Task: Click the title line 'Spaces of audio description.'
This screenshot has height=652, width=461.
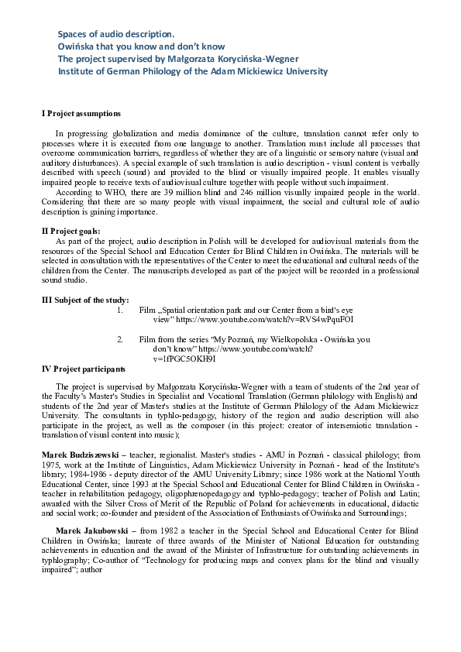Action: pos(116,34)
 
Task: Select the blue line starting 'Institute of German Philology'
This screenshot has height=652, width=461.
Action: pos(193,71)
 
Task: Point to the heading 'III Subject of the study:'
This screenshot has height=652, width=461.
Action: pos(85,300)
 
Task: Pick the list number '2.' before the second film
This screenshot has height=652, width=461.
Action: pos(120,339)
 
